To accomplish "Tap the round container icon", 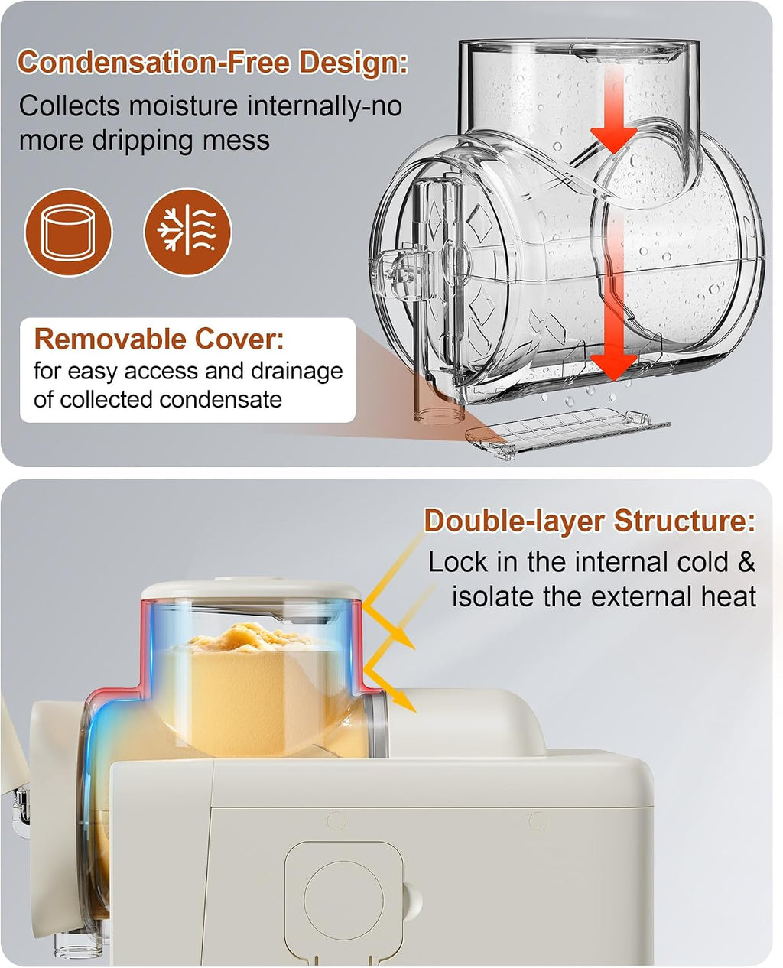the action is [68, 232].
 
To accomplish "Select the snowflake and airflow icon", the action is [187, 232].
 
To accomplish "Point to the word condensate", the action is [220, 400].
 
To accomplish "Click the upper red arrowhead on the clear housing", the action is [613, 140].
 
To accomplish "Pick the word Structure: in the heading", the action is [685, 521].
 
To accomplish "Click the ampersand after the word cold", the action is [746, 562].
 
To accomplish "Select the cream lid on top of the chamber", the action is [251, 589].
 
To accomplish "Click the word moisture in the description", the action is [184, 106].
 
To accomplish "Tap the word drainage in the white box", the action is [297, 372].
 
